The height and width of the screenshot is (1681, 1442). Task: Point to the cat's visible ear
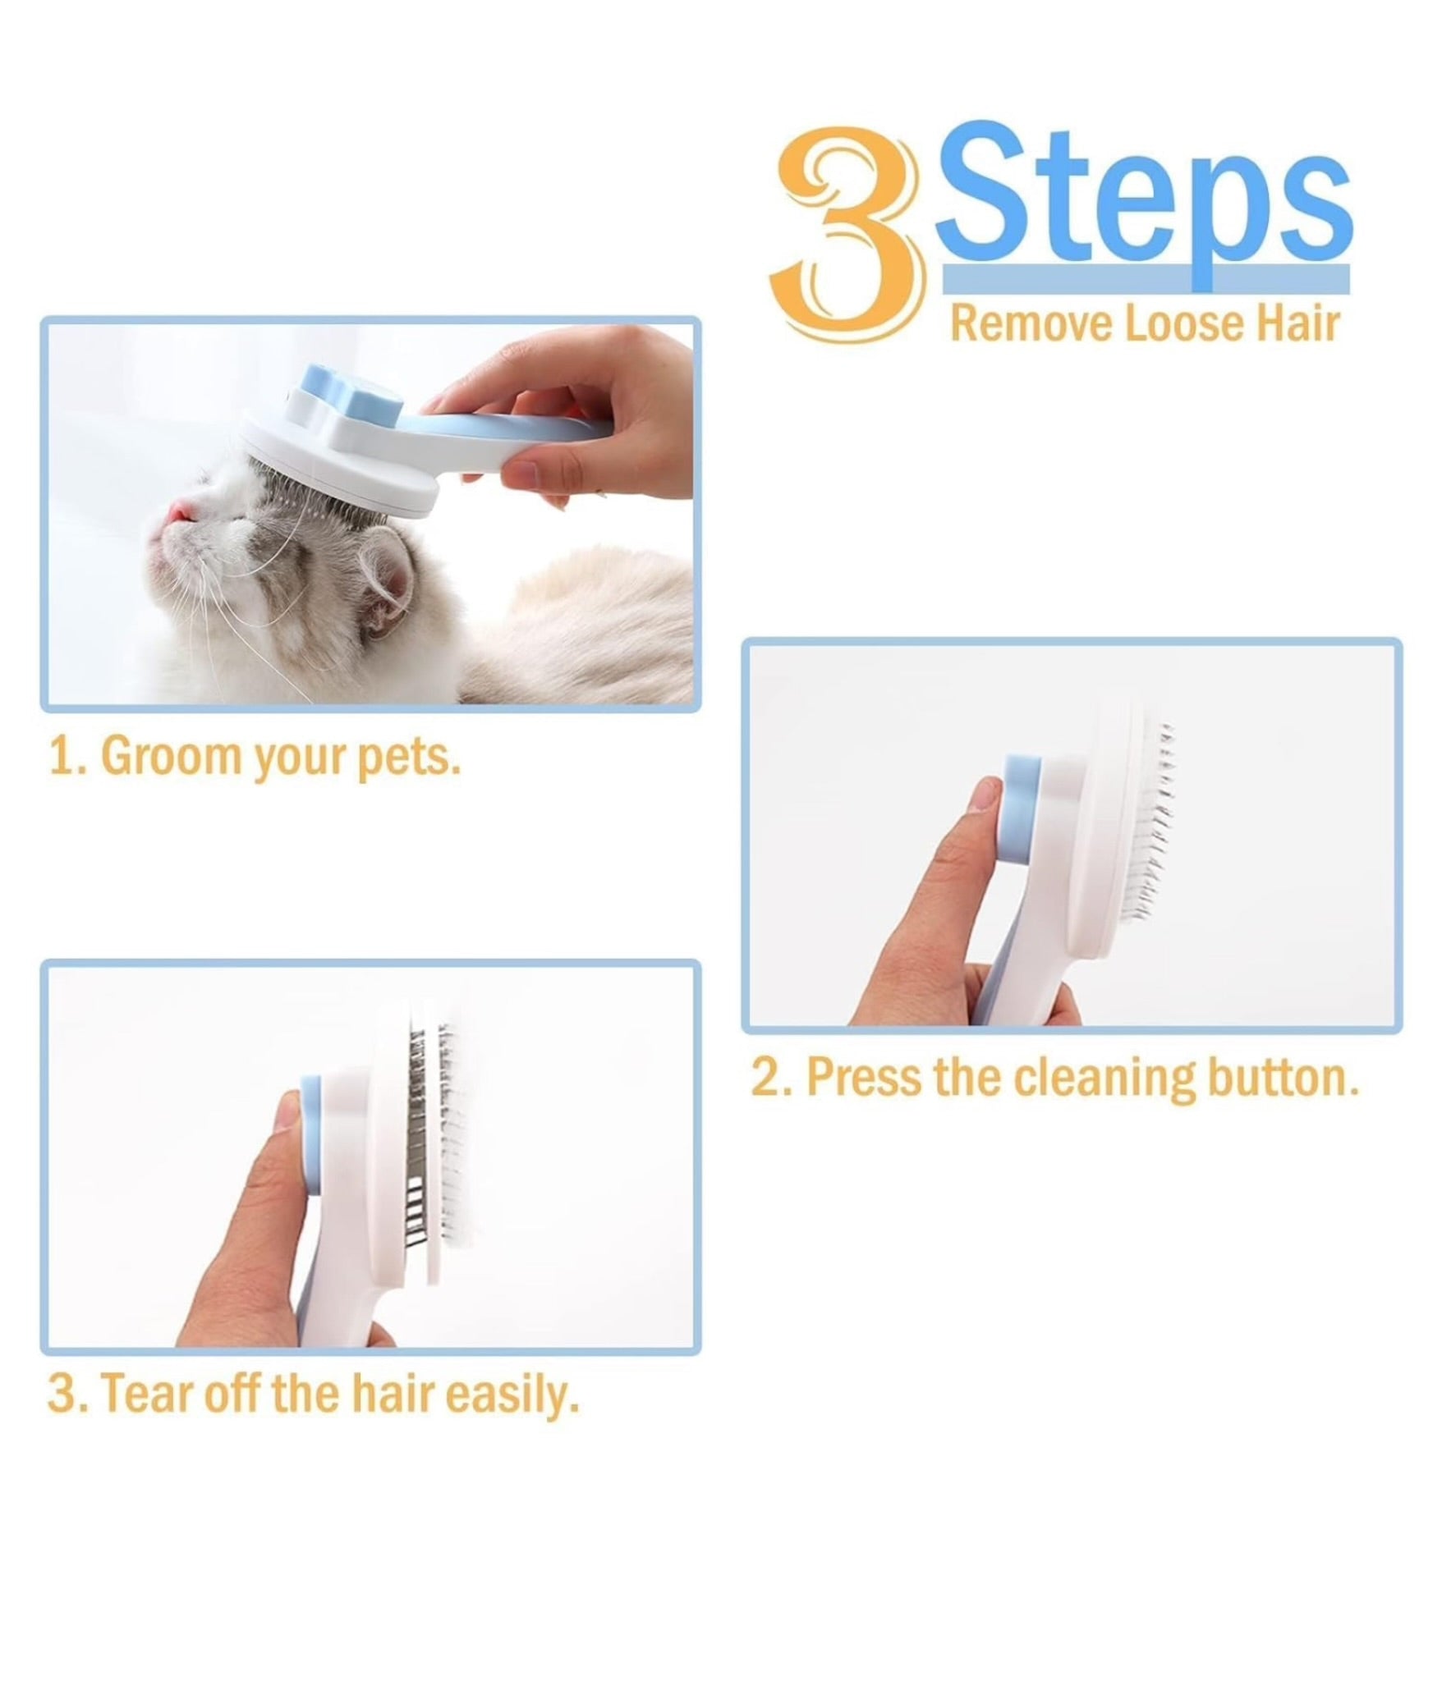tap(386, 587)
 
